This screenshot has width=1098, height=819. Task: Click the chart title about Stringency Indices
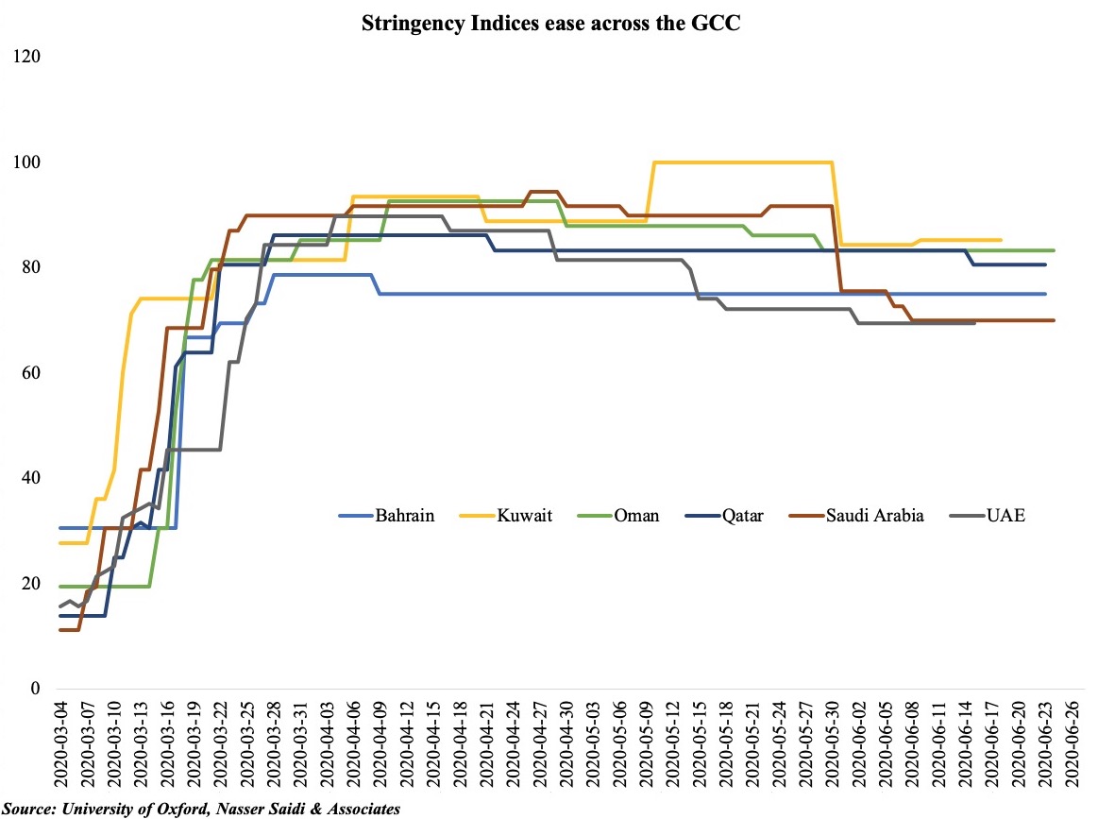550,26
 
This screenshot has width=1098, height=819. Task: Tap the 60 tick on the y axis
32,373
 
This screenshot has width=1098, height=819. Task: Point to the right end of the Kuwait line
1001,240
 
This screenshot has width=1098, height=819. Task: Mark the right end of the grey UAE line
973,323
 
